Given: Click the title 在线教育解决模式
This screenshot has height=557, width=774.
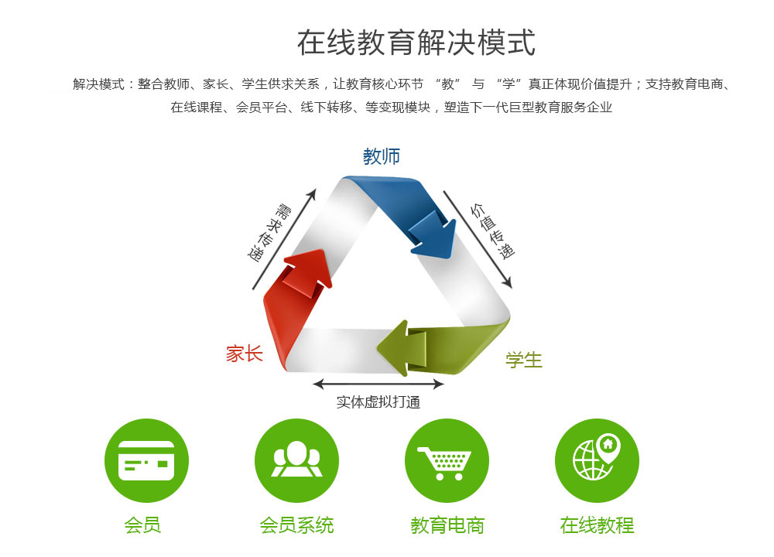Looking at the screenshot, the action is click(416, 43).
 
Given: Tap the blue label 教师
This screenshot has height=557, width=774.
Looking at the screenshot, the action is click(382, 156).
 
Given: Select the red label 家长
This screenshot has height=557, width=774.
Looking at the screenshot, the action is click(245, 354).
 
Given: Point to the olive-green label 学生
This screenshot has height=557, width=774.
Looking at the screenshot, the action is click(524, 360).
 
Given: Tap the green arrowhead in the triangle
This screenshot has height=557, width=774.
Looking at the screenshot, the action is click(401, 348).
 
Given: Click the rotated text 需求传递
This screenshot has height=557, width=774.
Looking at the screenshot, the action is click(269, 232).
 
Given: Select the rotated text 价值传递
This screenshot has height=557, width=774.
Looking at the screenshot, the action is click(492, 231).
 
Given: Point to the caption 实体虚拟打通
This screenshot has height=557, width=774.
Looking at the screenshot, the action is click(378, 402).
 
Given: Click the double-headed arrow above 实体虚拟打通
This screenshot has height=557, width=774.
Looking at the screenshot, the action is click(378, 384).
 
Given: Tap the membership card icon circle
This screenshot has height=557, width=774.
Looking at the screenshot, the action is click(146, 461).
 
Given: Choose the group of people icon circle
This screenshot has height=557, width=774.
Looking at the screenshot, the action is click(296, 461).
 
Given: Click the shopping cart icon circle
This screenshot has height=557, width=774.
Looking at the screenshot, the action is click(447, 461).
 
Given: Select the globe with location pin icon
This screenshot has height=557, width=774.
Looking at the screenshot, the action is click(597, 461).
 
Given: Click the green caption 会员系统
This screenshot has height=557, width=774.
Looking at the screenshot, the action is click(296, 525).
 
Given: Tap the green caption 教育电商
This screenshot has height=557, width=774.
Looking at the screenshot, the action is click(447, 525).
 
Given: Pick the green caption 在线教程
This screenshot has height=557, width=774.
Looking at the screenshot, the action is click(597, 525).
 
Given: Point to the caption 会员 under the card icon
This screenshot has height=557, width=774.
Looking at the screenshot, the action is click(142, 525).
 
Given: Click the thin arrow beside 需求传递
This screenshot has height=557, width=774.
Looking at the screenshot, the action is click(284, 239).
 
